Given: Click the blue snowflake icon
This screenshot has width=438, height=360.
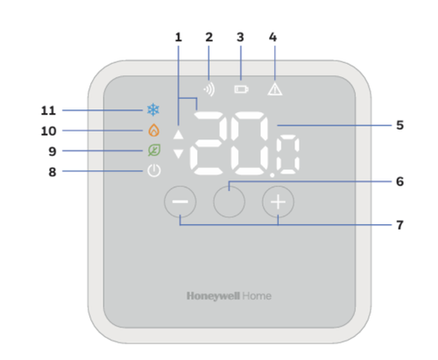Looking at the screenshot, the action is pyautogui.click(x=153, y=109).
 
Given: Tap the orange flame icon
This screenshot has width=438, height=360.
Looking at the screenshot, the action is pyautogui.click(x=154, y=131).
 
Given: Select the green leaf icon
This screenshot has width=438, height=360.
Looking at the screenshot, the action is pyautogui.click(x=154, y=150).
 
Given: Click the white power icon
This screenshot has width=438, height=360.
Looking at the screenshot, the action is pyautogui.click(x=154, y=171).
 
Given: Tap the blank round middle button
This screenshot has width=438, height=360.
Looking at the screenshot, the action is pyautogui.click(x=230, y=201).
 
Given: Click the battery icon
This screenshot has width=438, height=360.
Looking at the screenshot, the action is pyautogui.click(x=242, y=89).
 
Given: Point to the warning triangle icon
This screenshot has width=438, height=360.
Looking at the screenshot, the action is pyautogui.click(x=275, y=89).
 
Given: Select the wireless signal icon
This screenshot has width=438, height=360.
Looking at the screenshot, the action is pyautogui.click(x=209, y=89).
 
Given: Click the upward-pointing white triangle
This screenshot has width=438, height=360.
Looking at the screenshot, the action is pyautogui.click(x=179, y=134).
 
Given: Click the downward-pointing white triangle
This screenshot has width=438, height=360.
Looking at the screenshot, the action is pyautogui.click(x=179, y=153).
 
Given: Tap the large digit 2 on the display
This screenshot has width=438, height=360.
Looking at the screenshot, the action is pyautogui.click(x=208, y=144).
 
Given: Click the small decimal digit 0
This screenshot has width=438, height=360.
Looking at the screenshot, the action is pyautogui.click(x=288, y=155).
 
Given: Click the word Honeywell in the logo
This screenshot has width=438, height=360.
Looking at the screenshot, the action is pyautogui.click(x=214, y=296).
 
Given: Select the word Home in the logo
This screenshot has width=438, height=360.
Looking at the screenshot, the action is pyautogui.click(x=257, y=296).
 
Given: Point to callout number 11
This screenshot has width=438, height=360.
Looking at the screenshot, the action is pyautogui.click(x=48, y=110).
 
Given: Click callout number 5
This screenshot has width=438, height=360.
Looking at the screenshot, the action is pyautogui.click(x=400, y=125).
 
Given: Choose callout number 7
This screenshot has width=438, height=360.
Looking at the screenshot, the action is pyautogui.click(x=400, y=225).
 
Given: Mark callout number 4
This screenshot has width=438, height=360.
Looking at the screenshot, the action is pyautogui.click(x=272, y=37).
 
